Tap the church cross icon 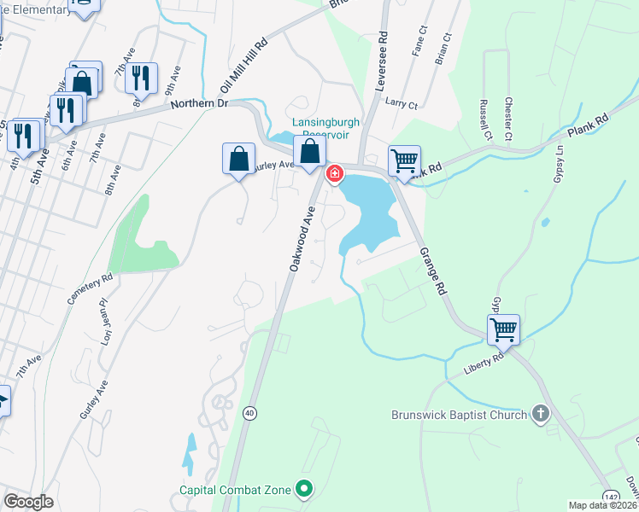point(540,415)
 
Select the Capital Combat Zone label point(234,490)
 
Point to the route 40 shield point(249,413)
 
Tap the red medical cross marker point(334,174)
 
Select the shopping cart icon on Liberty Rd point(504,329)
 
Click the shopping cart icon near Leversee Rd point(404,160)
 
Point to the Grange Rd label point(432,272)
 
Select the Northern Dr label point(199,103)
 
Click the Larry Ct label point(401,105)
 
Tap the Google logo point(29,502)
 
